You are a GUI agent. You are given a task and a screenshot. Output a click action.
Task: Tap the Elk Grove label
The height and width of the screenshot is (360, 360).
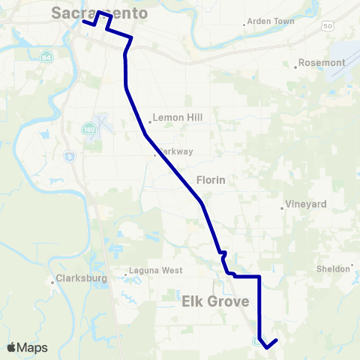click(x=215, y=301)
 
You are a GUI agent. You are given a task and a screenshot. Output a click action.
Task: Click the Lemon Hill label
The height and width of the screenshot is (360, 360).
click(x=177, y=118)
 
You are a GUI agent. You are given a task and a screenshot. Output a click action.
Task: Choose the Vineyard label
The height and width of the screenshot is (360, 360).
click(x=307, y=204)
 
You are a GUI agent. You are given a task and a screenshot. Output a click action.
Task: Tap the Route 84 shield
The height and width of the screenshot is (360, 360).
click(x=47, y=57)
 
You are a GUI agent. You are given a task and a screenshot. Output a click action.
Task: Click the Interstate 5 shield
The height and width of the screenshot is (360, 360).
click(x=70, y=157)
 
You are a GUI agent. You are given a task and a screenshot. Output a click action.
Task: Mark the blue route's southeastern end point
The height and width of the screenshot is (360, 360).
click(x=277, y=340)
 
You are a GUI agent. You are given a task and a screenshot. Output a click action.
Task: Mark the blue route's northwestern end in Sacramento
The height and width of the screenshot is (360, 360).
click(x=82, y=22)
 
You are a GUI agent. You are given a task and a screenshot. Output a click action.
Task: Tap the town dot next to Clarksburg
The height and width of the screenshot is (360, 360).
click(x=52, y=282)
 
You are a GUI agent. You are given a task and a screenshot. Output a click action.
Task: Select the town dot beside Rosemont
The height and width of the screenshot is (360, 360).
click(x=296, y=67)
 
